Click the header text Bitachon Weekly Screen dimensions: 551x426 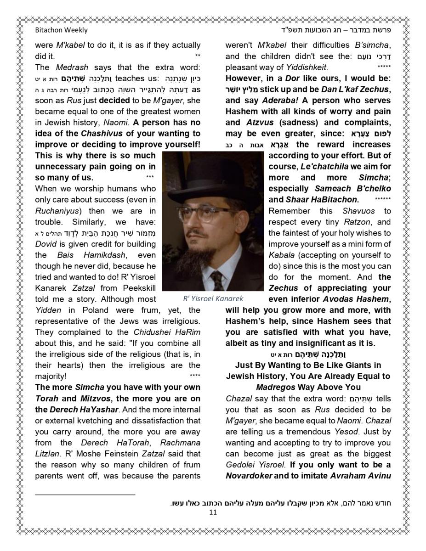click(x=61, y=30)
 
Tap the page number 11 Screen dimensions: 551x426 click(x=213, y=512)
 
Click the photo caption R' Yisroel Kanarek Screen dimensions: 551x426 click(x=213, y=299)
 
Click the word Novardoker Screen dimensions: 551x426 click(x=249, y=476)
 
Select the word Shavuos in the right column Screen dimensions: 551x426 click(x=358, y=211)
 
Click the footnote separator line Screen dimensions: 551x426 click(x=85, y=495)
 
